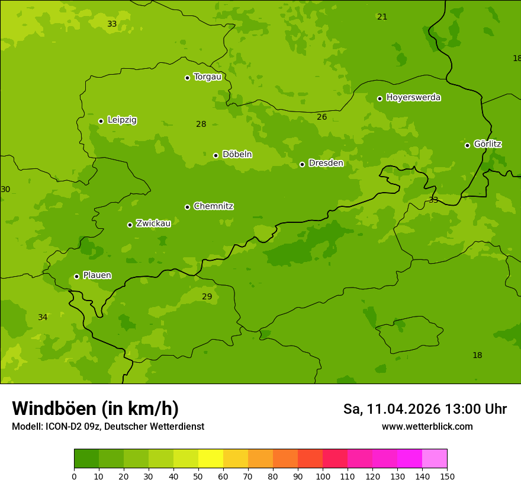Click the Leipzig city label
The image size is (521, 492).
tap(122, 120)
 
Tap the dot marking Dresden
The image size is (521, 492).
tap(302, 164)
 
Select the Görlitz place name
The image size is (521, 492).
tap(487, 144)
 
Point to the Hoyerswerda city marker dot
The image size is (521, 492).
tap(380, 98)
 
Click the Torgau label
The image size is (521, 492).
tap(207, 76)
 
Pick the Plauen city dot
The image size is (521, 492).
tap(76, 276)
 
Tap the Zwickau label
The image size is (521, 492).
tap(153, 223)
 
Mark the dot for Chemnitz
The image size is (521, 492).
tap(187, 207)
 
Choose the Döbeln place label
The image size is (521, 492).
tap(237, 155)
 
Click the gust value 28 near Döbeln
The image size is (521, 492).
tap(201, 124)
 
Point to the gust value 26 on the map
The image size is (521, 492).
tap(321, 117)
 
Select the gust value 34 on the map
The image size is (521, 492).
tap(43, 318)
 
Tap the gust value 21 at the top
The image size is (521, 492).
tap(382, 17)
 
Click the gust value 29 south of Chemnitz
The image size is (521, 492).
tap(207, 297)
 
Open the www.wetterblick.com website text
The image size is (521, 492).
tap(427, 427)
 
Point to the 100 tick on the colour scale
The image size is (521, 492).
tap(323, 476)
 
